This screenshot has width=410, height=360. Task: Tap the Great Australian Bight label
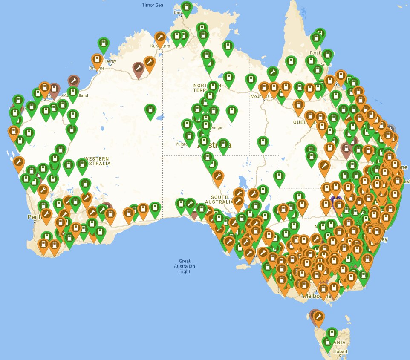point(185,266)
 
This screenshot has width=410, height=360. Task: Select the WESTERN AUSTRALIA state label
point(97,161)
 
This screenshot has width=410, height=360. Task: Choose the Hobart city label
point(341,352)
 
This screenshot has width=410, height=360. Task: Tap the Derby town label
point(110,61)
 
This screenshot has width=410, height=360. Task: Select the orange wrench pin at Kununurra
point(160,37)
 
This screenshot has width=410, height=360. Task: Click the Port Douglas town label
point(319,53)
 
